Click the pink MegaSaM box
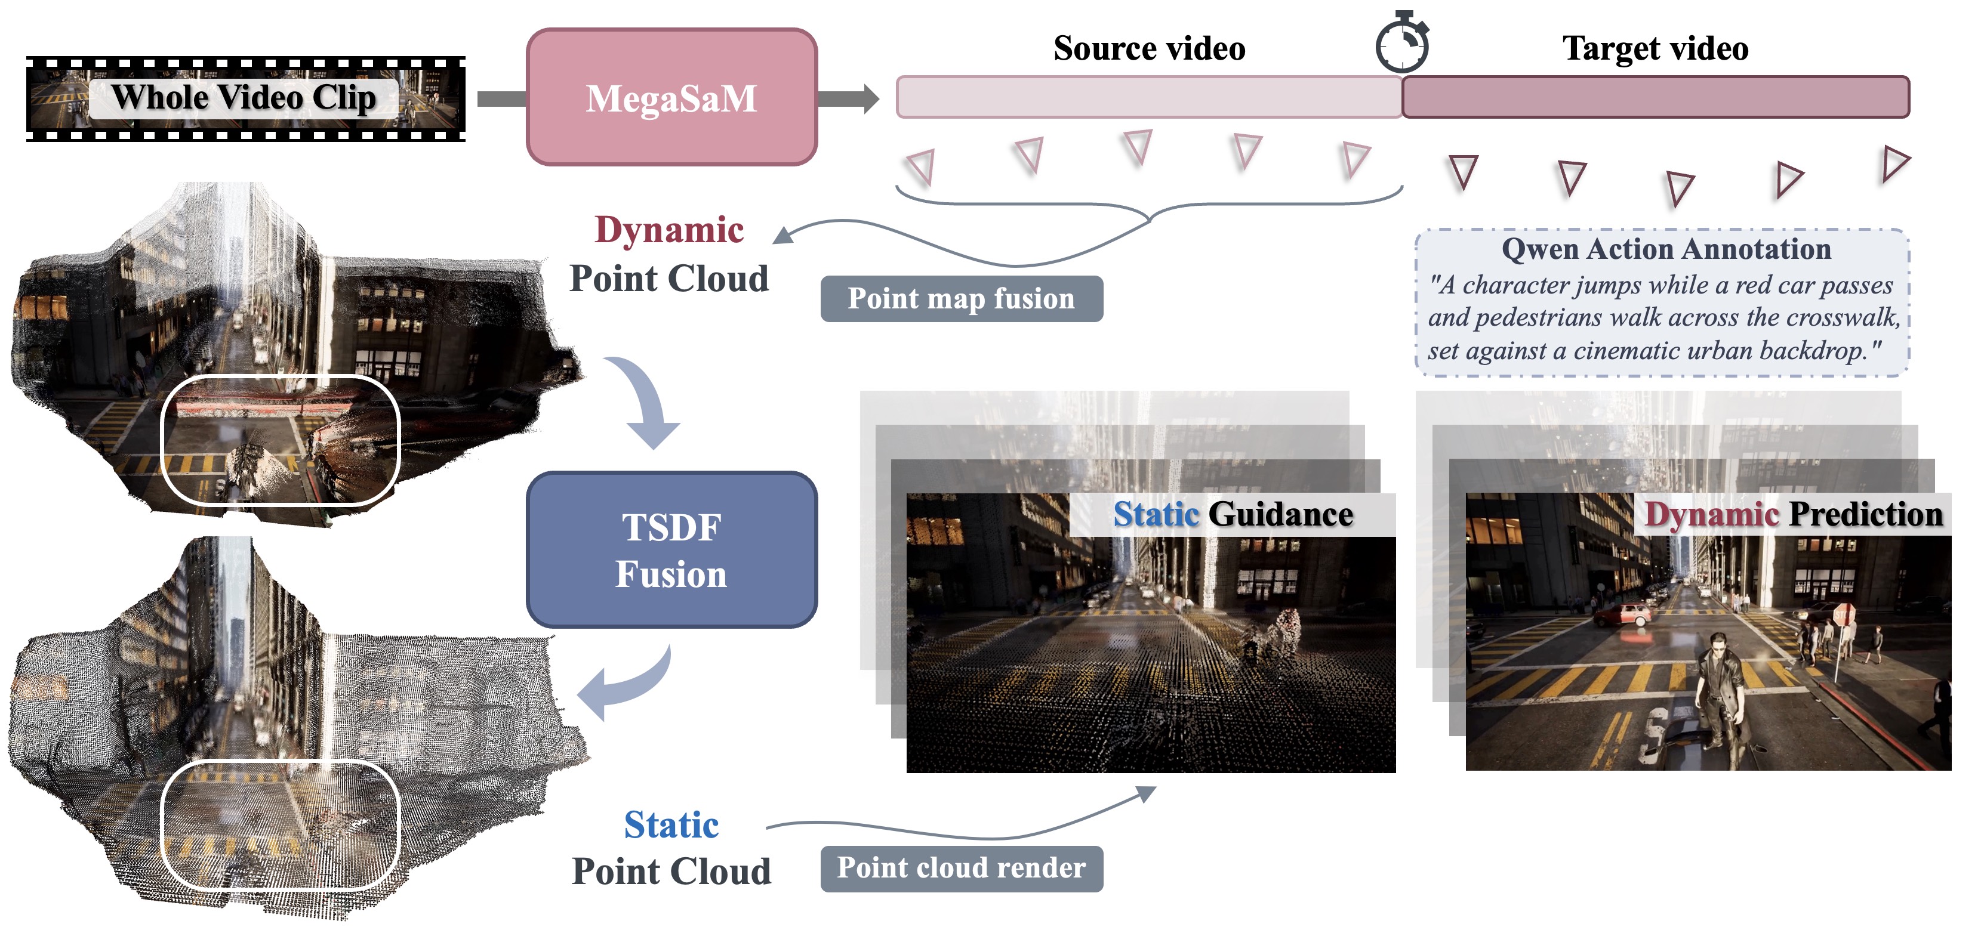(671, 98)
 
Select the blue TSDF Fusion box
(671, 550)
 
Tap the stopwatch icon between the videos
(1401, 44)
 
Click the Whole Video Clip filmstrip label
(244, 98)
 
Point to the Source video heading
(1148, 48)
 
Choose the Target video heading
(1655, 48)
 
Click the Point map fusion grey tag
(961, 299)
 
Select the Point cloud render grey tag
(961, 869)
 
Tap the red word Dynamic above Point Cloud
(669, 230)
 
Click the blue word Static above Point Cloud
(671, 824)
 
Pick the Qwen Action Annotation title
(1666, 249)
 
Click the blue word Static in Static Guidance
(1156, 514)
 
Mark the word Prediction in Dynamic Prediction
(1865, 514)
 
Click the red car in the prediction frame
(1623, 614)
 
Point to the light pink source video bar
(1148, 97)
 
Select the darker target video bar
(1655, 97)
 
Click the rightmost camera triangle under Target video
(1894, 164)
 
